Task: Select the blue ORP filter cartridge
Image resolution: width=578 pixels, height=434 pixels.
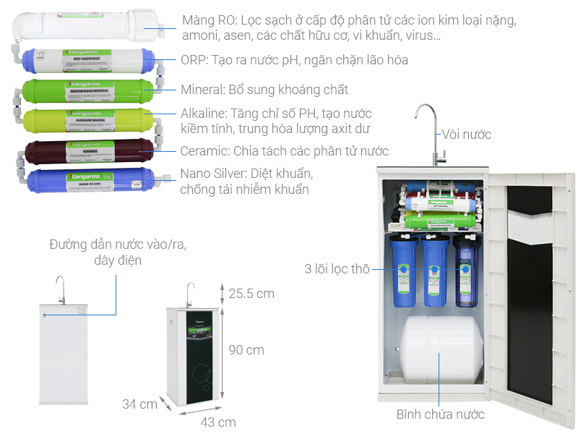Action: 89,62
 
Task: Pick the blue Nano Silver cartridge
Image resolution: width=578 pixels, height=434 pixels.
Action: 89,181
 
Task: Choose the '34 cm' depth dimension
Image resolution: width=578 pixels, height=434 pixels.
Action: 139,404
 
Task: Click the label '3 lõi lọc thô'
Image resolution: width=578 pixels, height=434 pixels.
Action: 337,270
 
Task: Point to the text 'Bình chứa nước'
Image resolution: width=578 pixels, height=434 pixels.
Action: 440,414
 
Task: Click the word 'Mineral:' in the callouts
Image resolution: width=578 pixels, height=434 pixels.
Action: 204,90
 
